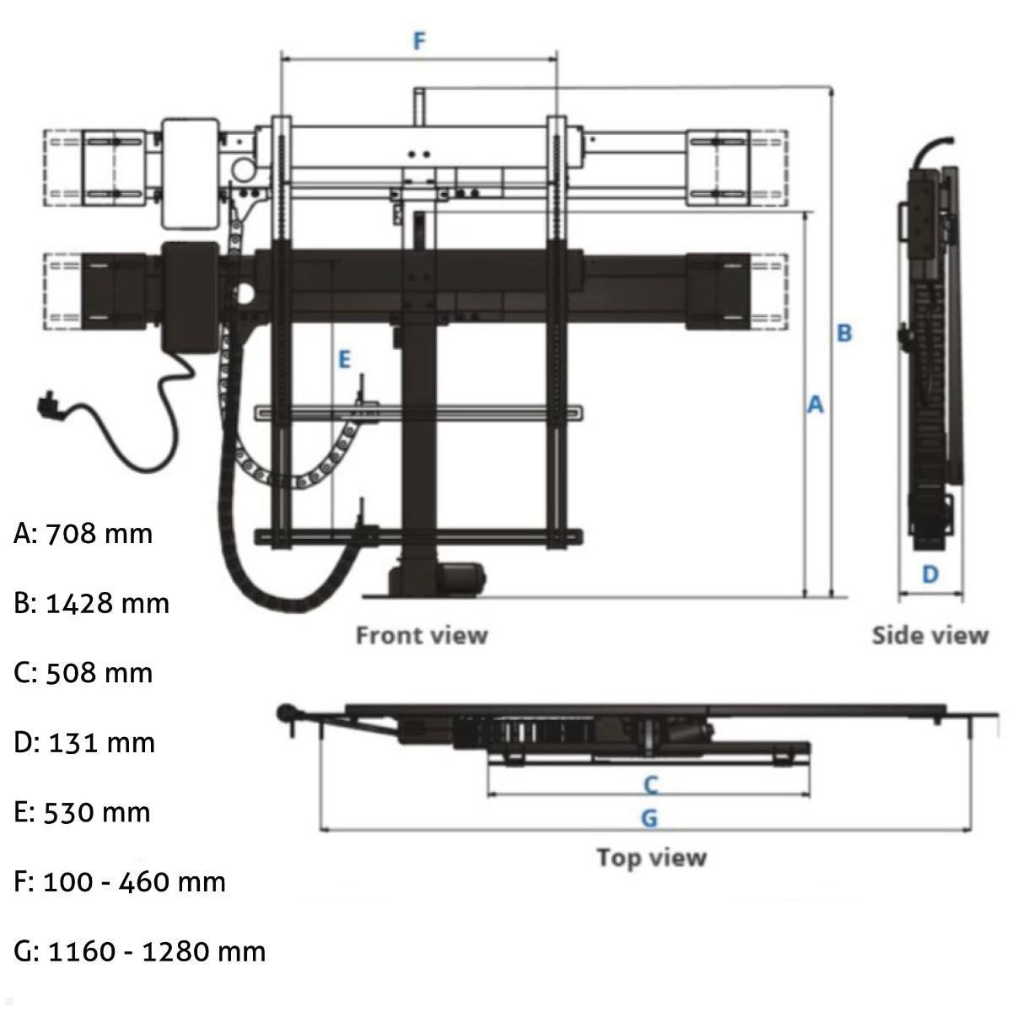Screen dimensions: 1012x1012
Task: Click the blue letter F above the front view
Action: (x=419, y=40)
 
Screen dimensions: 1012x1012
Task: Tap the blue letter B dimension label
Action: (x=844, y=333)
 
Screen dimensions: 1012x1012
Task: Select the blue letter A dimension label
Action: (x=815, y=405)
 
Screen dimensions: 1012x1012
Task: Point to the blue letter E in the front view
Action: (x=344, y=360)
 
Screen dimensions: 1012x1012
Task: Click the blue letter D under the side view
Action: (x=929, y=574)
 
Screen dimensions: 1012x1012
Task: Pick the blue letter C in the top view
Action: (x=650, y=785)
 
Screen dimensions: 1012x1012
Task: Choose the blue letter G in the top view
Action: (x=649, y=817)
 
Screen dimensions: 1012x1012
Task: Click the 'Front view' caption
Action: (x=421, y=634)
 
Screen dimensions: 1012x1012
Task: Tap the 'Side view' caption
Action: (x=929, y=635)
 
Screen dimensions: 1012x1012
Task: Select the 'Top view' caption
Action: (x=651, y=858)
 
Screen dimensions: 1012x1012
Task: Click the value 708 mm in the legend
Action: (x=99, y=534)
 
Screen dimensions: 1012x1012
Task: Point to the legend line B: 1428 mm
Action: (x=92, y=604)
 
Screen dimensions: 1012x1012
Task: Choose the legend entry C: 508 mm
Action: (x=83, y=673)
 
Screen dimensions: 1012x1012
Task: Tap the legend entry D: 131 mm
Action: (x=84, y=743)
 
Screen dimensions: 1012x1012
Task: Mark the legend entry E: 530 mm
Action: (x=83, y=812)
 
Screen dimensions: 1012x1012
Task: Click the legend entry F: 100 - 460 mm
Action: (x=120, y=882)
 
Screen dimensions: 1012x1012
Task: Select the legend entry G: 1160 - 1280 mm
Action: (x=140, y=951)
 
